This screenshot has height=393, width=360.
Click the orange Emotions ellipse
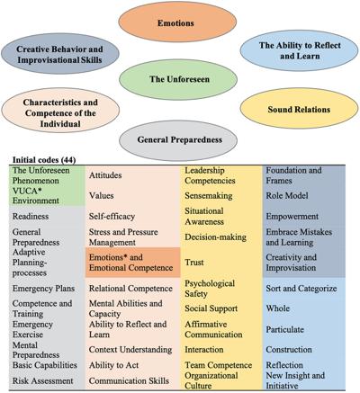(177, 22)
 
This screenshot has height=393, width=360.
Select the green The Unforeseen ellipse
(178, 79)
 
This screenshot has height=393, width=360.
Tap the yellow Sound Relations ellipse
(299, 109)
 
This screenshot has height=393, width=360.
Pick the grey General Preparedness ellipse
(178, 140)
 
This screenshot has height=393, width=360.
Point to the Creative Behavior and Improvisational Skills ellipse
(60, 54)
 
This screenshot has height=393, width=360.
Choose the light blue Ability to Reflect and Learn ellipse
(299, 50)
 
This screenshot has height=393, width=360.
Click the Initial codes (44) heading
(44, 160)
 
